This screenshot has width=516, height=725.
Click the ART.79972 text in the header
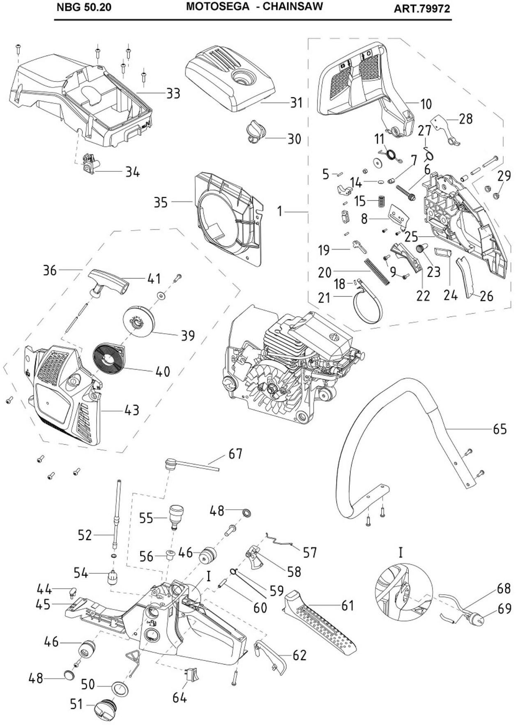[x=422, y=9]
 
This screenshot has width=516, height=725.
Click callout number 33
[x=173, y=93]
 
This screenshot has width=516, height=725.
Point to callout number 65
[x=500, y=429]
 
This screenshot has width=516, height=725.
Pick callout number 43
[x=131, y=410]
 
